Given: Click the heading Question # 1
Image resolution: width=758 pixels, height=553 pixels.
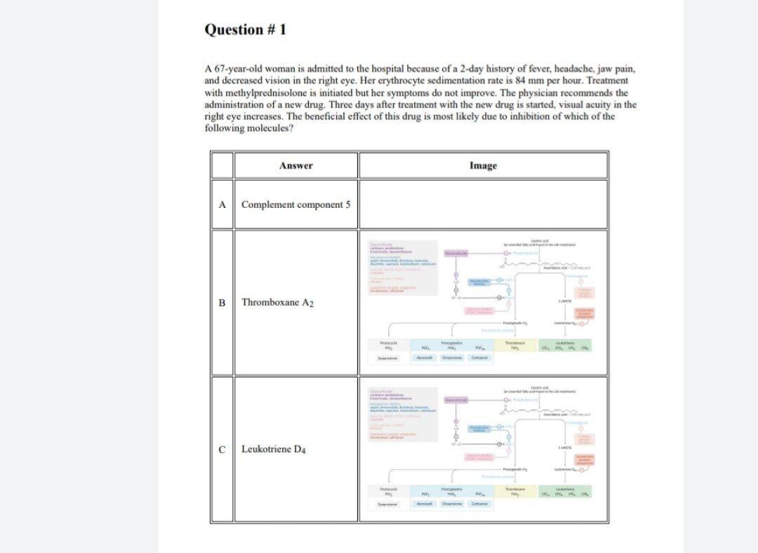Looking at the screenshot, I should coord(245,30).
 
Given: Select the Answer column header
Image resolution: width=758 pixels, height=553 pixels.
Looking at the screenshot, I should coord(295,166).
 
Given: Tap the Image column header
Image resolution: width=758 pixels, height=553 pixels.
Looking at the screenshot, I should coord(483,166).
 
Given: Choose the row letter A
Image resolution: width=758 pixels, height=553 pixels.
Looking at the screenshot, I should coord(222,204).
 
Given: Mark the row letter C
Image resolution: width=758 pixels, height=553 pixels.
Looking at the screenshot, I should coord(222,449).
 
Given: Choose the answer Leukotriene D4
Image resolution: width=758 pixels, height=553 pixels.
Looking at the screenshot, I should coord(274,449).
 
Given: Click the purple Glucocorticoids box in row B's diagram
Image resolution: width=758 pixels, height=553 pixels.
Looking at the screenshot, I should coord(456,252).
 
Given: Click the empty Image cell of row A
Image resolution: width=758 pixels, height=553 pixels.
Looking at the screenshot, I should coord(483,204).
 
